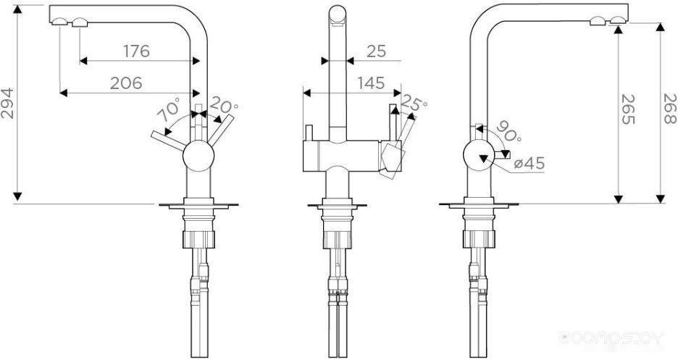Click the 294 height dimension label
pyautogui.click(x=7, y=104)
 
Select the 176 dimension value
pyautogui.click(x=137, y=51)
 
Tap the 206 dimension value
pyautogui.click(x=126, y=83)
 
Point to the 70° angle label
pyautogui.click(x=168, y=110)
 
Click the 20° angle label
pyautogui.click(x=223, y=105)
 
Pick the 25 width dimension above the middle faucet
pyautogui.click(x=376, y=51)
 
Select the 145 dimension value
pyautogui.click(x=371, y=83)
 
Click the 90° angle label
pyautogui.click(x=508, y=131)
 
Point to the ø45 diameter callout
pyautogui.click(x=530, y=163)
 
